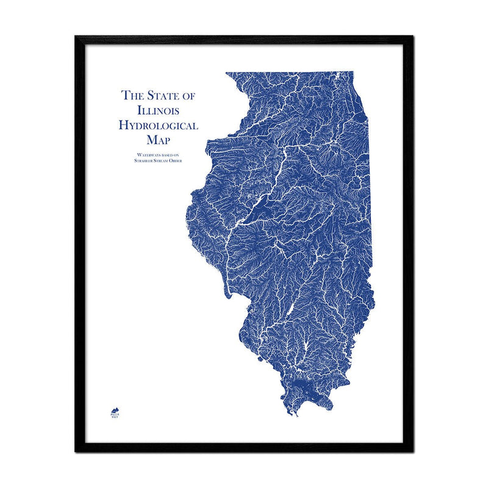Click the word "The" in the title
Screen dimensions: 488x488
pyautogui.click(x=132, y=95)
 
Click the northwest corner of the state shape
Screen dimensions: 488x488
pyautogui.click(x=226, y=73)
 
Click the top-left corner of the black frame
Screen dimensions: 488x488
pyautogui.click(x=76, y=37)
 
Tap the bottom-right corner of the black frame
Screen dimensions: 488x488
pyautogui.click(x=413, y=451)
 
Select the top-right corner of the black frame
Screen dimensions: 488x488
pyautogui.click(x=413, y=37)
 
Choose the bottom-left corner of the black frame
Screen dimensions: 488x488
pyautogui.click(x=76, y=451)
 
